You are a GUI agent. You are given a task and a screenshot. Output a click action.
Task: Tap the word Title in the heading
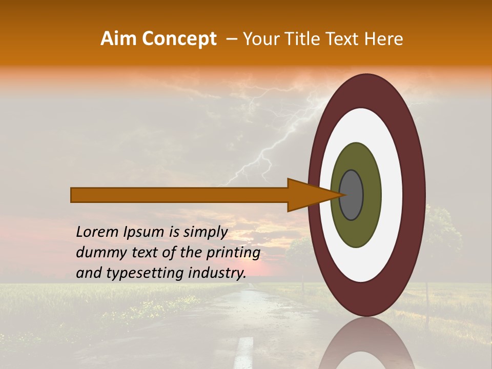click(x=309, y=39)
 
